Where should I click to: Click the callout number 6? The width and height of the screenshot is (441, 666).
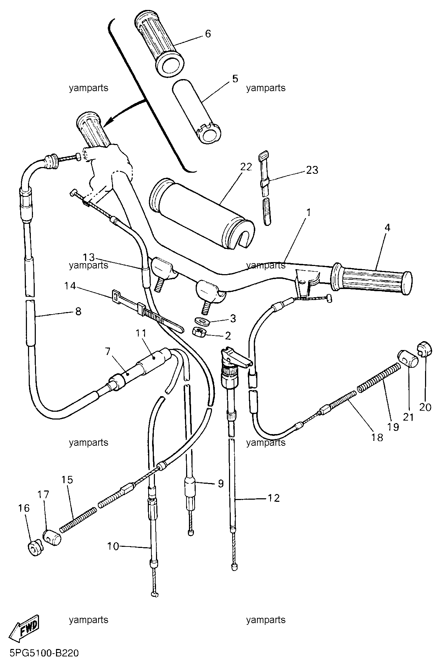pos(208,34)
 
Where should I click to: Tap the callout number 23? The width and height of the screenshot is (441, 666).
pos(312,170)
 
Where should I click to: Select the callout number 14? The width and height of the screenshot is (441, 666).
pos(70,285)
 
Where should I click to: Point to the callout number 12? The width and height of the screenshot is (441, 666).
pos(274,498)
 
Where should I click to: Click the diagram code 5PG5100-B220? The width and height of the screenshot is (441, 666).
pos(40,653)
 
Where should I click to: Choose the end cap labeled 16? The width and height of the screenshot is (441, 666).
pos(35,549)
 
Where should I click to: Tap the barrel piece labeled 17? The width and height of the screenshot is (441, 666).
pos(52,537)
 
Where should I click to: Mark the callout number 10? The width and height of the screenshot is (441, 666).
pos(113,546)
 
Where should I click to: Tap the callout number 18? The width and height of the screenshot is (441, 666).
pos(377,437)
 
